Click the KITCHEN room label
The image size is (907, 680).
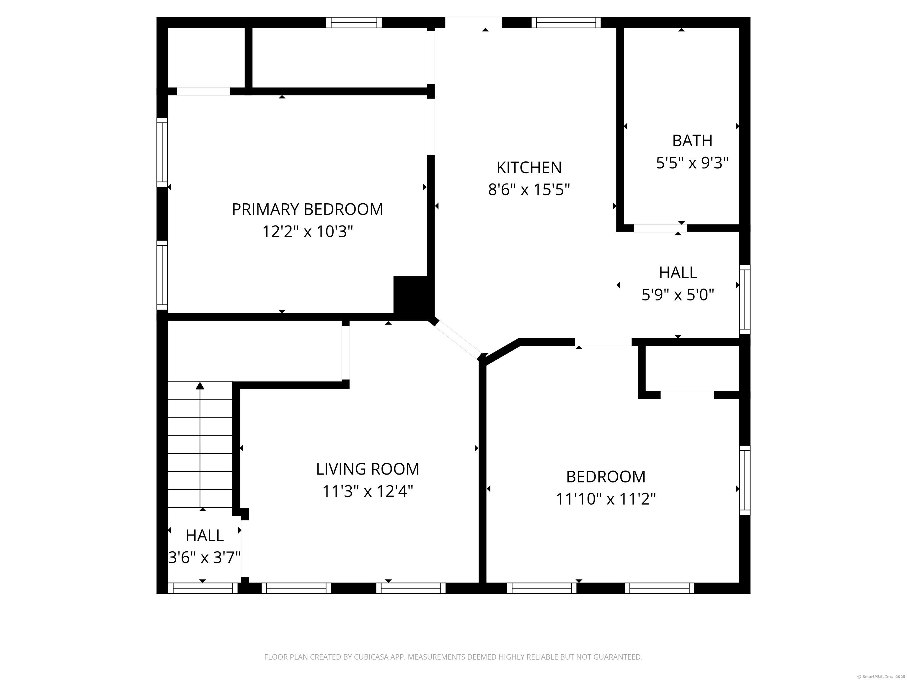tap(529, 168)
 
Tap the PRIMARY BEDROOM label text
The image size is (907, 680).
tap(308, 210)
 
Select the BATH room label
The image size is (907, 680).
tap(692, 140)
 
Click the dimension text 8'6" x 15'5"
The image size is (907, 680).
tap(529, 190)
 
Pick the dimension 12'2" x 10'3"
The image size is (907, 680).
tap(308, 232)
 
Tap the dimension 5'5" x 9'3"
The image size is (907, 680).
tap(692, 163)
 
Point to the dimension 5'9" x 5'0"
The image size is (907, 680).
tap(678, 295)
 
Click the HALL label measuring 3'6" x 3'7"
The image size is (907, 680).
tap(204, 535)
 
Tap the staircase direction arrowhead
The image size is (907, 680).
tap(200, 385)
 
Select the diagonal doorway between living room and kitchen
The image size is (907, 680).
tap(458, 339)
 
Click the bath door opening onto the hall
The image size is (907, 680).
tap(660, 228)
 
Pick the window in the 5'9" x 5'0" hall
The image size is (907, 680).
tap(745, 299)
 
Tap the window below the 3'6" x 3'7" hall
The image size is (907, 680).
tap(203, 588)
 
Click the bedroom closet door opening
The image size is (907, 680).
tap(687, 395)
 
